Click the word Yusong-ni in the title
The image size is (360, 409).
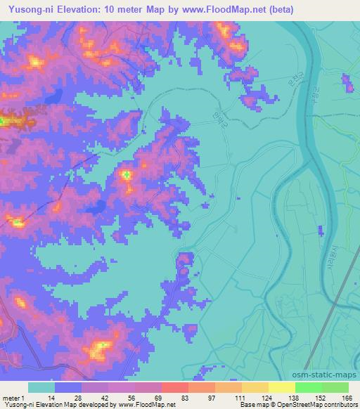point(26,10)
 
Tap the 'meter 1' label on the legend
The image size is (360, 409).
point(13,398)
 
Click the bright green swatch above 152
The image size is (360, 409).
point(309,387)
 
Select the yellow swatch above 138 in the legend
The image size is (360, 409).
point(282,387)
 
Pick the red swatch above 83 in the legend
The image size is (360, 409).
point(175,387)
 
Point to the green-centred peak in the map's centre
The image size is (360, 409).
point(127,174)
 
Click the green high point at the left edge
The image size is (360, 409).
point(2,121)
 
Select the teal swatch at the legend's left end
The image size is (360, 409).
point(41,387)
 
